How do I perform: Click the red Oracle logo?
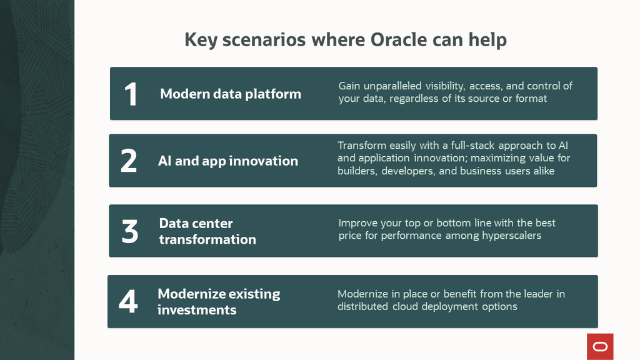tap(600, 346)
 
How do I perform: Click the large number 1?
tap(130, 94)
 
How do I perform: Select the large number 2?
tap(129, 161)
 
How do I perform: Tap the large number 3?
tap(129, 232)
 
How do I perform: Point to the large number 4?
tap(128, 302)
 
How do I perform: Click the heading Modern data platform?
tap(230, 94)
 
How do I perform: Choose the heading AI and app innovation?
tap(227, 161)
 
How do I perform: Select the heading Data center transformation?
tap(207, 231)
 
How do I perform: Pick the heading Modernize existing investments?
tap(218, 302)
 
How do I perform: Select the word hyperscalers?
tap(511, 236)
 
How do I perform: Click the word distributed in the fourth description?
tap(362, 306)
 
